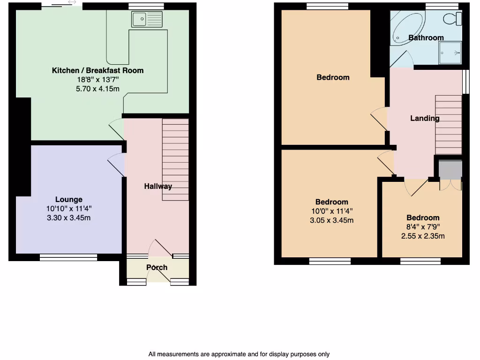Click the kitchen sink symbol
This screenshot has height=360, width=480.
tap(147, 20)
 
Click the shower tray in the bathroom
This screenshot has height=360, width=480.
tap(450, 53)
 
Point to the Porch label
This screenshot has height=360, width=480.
tap(157, 268)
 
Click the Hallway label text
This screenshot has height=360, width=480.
tap(158, 186)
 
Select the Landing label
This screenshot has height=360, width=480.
tap(425, 118)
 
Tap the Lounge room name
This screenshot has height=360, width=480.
tap(69, 199)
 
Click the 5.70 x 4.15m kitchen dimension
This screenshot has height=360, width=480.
tap(97, 88)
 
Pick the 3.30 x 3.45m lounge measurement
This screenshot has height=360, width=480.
tap(69, 217)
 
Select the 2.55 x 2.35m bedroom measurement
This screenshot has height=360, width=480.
tap(423, 236)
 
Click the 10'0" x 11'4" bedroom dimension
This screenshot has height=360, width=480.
tap(332, 211)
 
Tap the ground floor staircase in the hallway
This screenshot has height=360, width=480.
tap(175, 159)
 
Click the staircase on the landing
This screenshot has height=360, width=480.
tap(449, 124)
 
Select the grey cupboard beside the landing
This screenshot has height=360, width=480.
tap(450, 169)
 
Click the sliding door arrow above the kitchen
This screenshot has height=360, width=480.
tap(72, 3)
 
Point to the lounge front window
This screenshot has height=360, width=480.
tap(68, 257)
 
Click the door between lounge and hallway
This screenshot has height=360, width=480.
tap(117, 165)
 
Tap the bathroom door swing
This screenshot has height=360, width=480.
tap(402, 59)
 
